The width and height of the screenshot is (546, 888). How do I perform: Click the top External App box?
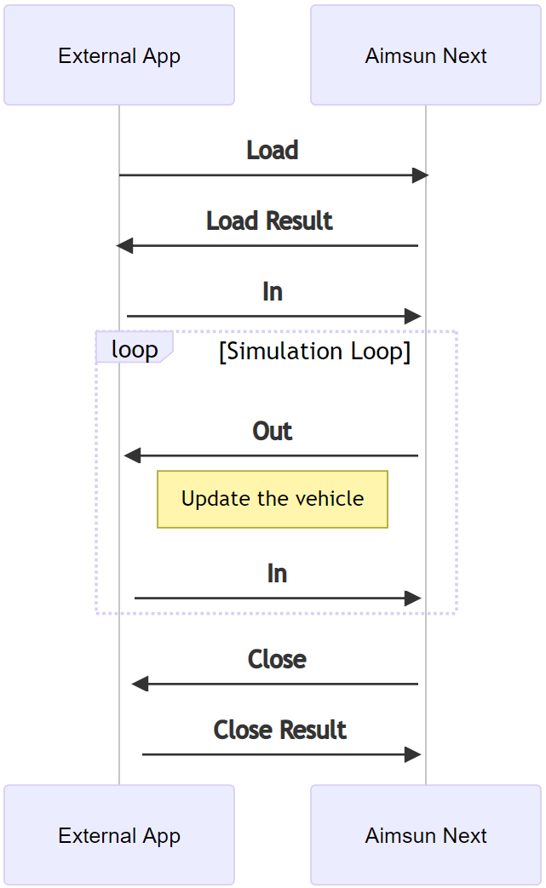click(119, 55)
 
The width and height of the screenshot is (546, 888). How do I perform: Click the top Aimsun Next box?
click(426, 55)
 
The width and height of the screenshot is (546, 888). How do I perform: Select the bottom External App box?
click(119, 835)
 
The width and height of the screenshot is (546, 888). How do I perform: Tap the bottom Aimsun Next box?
click(426, 835)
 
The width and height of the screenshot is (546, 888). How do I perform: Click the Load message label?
click(273, 151)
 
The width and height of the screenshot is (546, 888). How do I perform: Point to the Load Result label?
click(269, 221)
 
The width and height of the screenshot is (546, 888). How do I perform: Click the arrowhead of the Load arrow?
click(420, 175)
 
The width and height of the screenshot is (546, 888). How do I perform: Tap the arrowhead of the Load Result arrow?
click(124, 246)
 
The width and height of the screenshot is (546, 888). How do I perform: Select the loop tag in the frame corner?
click(135, 350)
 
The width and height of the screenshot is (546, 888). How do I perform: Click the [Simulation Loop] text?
click(314, 352)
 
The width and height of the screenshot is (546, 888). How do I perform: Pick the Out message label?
click(273, 432)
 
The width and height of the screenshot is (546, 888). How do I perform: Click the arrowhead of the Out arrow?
click(132, 456)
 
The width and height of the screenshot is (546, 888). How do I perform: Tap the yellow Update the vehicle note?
click(273, 499)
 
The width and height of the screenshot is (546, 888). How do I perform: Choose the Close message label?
click(277, 660)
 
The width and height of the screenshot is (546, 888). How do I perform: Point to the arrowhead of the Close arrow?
click(140, 684)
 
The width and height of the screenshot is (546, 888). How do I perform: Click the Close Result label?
click(280, 730)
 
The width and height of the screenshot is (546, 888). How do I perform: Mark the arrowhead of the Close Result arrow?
click(413, 754)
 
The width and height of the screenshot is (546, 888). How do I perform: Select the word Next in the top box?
click(466, 55)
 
